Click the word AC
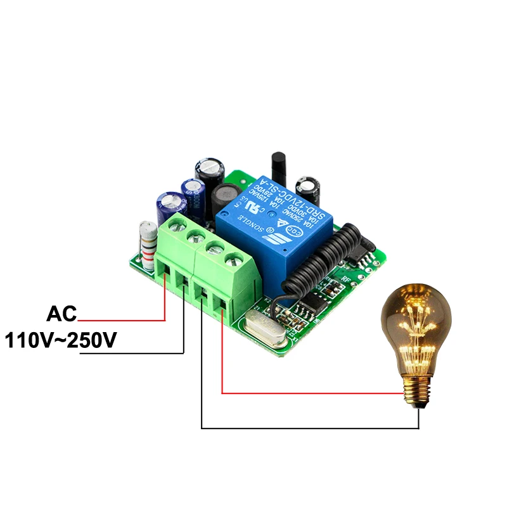[61, 314]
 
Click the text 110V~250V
[61, 340]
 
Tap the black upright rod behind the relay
[276, 167]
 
